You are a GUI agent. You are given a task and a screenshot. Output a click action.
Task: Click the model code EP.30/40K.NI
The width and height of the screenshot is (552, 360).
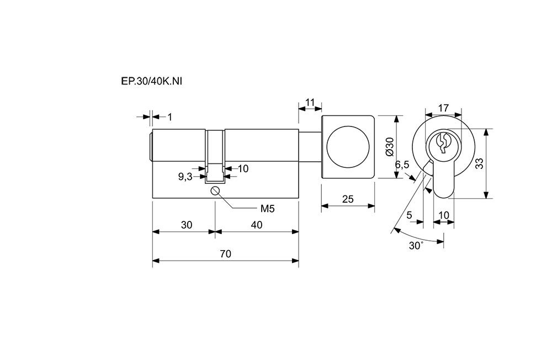pyautogui.click(x=152, y=81)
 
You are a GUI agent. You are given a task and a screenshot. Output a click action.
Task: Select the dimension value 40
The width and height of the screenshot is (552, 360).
pyautogui.click(x=256, y=225)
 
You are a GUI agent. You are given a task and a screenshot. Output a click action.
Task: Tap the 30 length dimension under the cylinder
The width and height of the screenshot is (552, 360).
pyautogui.click(x=187, y=225)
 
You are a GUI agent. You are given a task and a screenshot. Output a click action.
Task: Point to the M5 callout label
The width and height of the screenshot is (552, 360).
pyautogui.click(x=268, y=209)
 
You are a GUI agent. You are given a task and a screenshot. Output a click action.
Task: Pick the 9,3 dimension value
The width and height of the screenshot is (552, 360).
pyautogui.click(x=185, y=177)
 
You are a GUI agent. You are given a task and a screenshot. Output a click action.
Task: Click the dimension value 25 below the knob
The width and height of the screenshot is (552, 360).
pyautogui.click(x=348, y=199)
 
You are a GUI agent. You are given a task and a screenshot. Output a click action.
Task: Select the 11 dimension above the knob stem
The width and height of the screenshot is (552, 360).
pyautogui.click(x=310, y=102)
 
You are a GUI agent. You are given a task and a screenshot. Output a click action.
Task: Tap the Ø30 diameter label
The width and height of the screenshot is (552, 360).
pyautogui.click(x=389, y=146)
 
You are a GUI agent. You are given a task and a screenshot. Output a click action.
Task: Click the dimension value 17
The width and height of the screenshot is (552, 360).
pyautogui.click(x=443, y=108)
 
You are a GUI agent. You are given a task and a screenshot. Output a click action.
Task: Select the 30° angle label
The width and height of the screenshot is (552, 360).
pyautogui.click(x=416, y=246)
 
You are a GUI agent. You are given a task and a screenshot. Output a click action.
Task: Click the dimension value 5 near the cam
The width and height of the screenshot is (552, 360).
pyautogui.click(x=409, y=215)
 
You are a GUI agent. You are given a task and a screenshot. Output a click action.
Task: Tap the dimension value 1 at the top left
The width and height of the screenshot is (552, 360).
pyautogui.click(x=169, y=117)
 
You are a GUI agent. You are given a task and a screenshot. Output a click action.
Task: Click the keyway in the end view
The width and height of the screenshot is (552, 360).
pyautogui.click(x=442, y=143)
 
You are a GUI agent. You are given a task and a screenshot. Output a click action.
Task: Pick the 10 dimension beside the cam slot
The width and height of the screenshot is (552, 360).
pyautogui.click(x=243, y=168)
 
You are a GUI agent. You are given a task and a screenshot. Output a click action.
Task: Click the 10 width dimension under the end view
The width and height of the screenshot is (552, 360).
pyautogui.click(x=443, y=215)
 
